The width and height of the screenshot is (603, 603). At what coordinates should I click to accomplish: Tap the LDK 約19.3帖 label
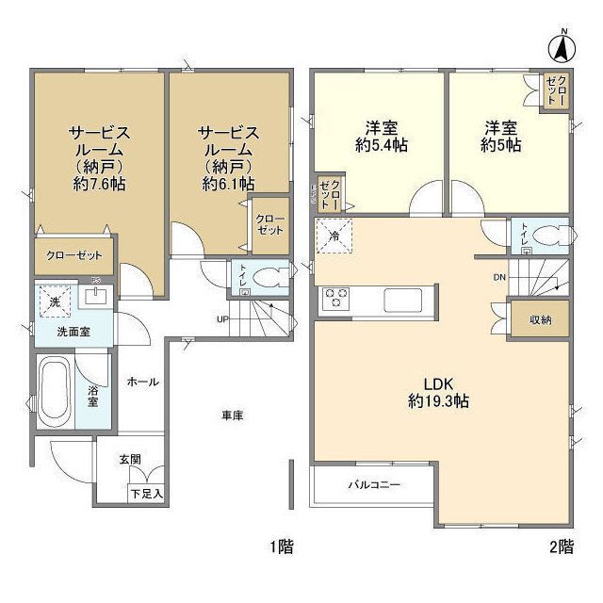[x=439, y=393]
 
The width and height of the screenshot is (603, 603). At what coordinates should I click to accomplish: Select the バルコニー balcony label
[x=374, y=485]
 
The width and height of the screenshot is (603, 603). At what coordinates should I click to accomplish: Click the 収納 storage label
[x=540, y=319]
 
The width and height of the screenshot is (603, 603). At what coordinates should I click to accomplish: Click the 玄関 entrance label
[x=130, y=459]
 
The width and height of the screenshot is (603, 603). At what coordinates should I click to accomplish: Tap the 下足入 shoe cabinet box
[x=146, y=492]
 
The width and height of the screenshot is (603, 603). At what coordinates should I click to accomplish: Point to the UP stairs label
[x=224, y=318]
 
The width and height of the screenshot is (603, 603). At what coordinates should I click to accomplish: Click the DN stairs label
[x=500, y=278]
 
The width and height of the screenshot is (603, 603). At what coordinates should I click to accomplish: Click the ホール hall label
[x=142, y=382]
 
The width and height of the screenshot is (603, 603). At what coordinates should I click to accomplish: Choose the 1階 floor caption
[x=280, y=546]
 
